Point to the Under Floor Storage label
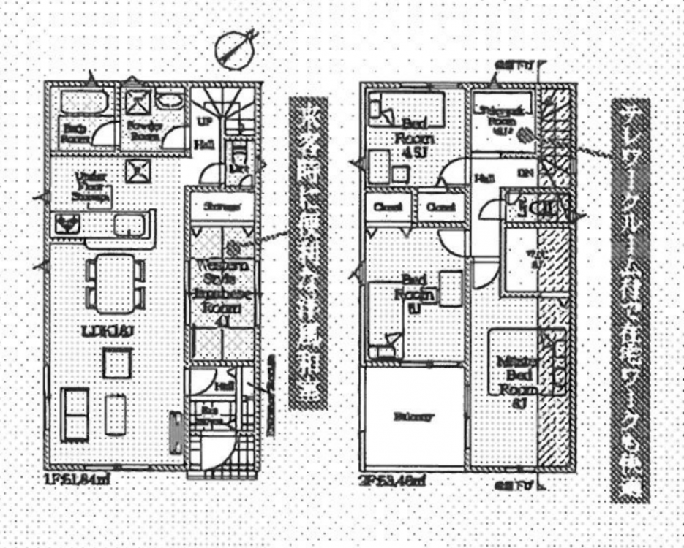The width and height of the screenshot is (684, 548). click(x=90, y=190)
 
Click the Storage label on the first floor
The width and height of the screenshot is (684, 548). click(x=222, y=207)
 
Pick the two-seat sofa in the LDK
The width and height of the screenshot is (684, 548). click(x=75, y=414)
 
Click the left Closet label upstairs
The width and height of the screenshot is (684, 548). click(x=388, y=208)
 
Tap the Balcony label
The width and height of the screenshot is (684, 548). click(x=414, y=417)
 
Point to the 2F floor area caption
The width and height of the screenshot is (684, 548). click(x=394, y=480)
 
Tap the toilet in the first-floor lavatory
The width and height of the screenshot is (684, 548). click(x=238, y=156)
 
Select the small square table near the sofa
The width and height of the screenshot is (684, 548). click(x=116, y=362)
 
